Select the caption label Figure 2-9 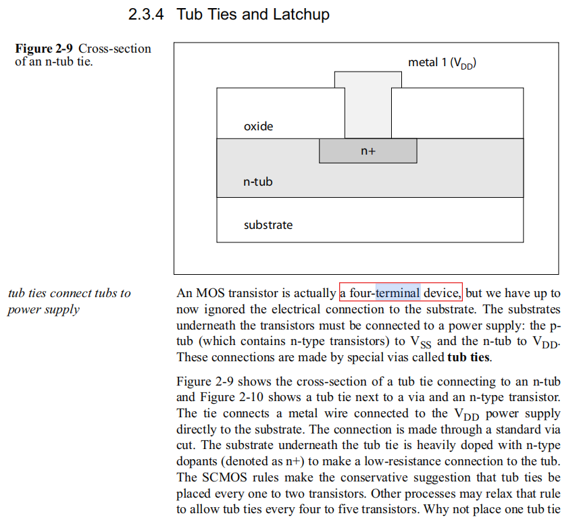point(45,49)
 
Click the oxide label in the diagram point(258,126)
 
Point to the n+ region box point(368,151)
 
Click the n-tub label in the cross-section point(258,182)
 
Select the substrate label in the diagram point(268,225)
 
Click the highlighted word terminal point(398,293)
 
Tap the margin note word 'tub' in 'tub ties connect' point(17,294)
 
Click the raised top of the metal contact point(368,80)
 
